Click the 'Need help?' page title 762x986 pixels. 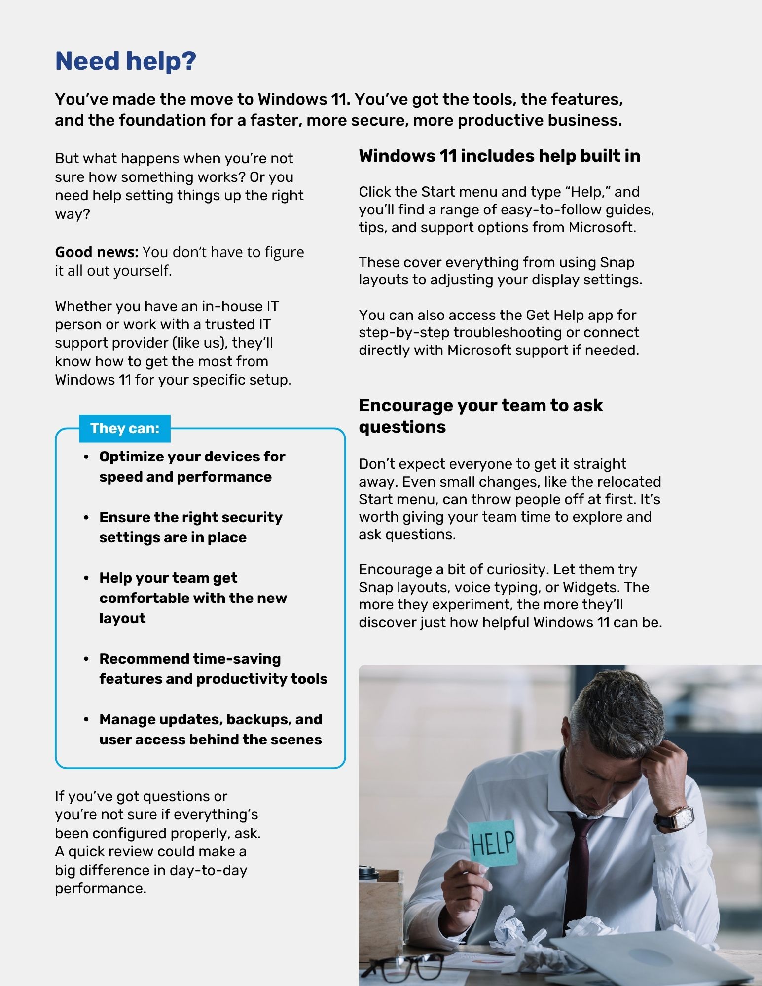pyautogui.click(x=126, y=61)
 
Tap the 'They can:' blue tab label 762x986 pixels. pyautogui.click(x=125, y=428)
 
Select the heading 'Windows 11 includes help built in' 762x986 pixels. pyautogui.click(x=499, y=156)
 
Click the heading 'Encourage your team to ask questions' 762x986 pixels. pyautogui.click(x=480, y=416)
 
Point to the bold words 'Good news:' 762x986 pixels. pyautogui.click(x=97, y=252)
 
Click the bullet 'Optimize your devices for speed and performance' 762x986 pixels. pyautogui.click(x=192, y=466)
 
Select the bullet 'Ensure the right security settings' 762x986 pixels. pyautogui.click(x=190, y=527)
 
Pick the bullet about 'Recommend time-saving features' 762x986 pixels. pyautogui.click(x=213, y=669)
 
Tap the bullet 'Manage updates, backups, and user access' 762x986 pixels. pyautogui.click(x=211, y=729)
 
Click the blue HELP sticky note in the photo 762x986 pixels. pyautogui.click(x=492, y=843)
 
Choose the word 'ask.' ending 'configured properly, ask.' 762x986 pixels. pyautogui.click(x=248, y=833)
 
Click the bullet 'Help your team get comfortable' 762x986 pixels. pyautogui.click(x=193, y=598)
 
